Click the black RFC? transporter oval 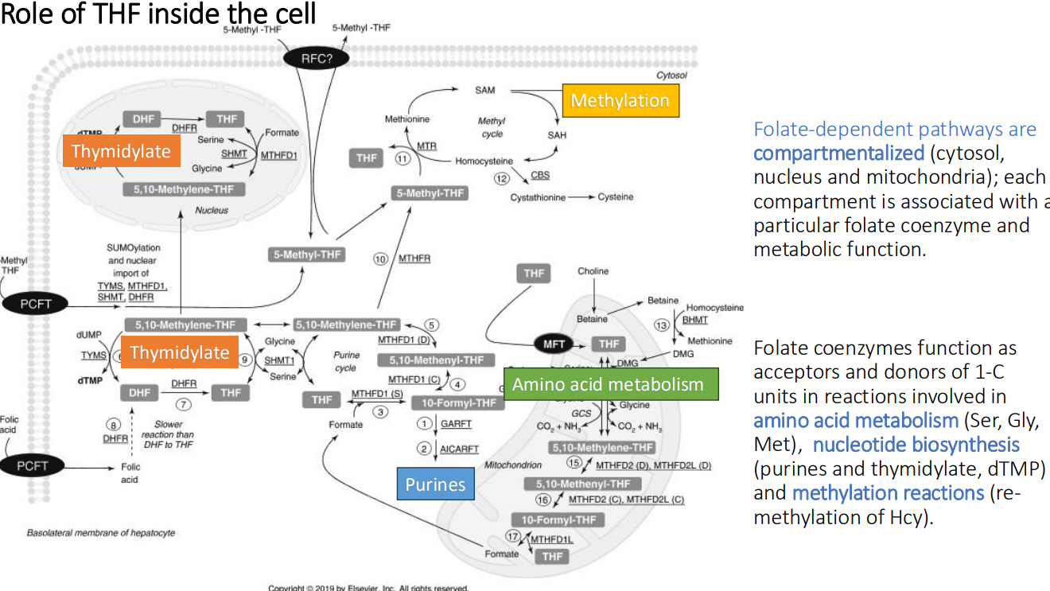(317, 58)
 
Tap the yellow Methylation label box (620, 101)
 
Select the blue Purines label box (435, 484)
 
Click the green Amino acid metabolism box (609, 384)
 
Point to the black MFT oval (554, 344)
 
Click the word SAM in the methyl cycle (485, 91)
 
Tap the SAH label (557, 135)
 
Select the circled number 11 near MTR (402, 158)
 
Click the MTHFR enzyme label (414, 259)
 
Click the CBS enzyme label (540, 175)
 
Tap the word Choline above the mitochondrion (593, 271)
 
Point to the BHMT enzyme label (694, 320)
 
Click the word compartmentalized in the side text (838, 153)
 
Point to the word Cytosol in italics (671, 76)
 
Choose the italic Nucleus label (212, 211)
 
